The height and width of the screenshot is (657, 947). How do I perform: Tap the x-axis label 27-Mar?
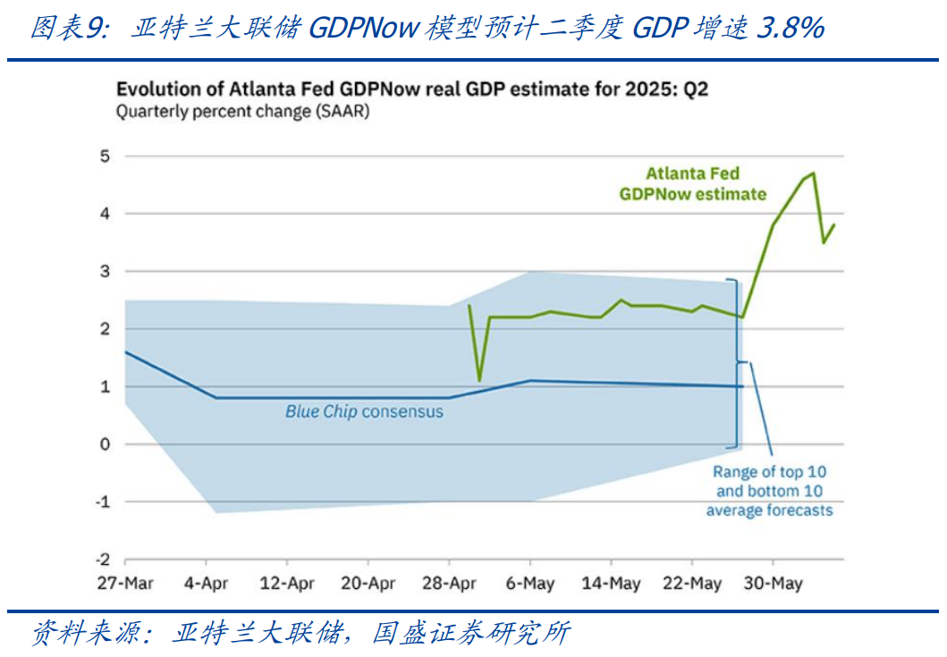[125, 584]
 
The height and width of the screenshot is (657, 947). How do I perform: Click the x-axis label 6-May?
[530, 584]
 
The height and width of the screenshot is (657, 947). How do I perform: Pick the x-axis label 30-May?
[773, 584]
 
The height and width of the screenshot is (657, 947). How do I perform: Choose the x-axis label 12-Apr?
[287, 584]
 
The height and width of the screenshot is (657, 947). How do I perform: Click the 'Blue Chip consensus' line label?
[364, 412]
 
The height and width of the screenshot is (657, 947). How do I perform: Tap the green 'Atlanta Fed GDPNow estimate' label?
[693, 183]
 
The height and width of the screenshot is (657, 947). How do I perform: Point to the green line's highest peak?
[813, 173]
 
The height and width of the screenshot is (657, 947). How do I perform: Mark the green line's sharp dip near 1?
[479, 380]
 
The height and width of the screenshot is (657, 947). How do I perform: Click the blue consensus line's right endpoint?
[741, 386]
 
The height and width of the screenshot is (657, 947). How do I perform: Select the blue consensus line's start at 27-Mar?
[125, 352]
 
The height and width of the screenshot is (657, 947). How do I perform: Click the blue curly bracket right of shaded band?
[739, 362]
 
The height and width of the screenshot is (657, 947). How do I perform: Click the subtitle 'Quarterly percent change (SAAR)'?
[242, 113]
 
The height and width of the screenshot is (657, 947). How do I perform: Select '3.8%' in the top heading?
[789, 29]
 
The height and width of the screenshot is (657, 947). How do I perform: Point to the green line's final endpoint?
[834, 224]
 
